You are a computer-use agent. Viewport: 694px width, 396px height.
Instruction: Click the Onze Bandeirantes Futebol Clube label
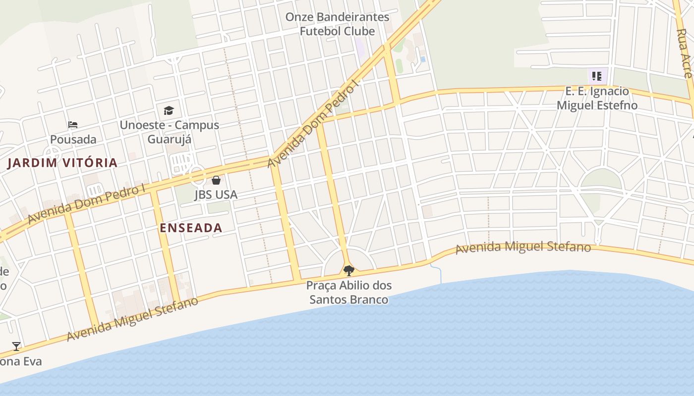point(337,24)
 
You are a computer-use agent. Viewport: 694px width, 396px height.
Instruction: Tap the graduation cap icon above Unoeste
point(169,110)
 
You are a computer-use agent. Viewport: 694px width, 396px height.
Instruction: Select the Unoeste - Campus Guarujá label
point(169,132)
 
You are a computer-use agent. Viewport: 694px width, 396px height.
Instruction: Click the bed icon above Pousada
point(73,124)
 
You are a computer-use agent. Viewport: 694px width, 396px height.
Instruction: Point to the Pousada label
point(73,140)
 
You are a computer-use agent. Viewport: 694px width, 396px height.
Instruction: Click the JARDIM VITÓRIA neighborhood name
point(62,163)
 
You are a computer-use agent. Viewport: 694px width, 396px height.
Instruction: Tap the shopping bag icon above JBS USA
point(216,180)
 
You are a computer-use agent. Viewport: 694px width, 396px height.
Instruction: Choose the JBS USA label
point(216,195)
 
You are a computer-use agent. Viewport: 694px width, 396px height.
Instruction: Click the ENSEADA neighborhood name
point(191,228)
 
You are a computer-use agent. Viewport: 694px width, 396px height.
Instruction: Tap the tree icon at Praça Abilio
point(349,270)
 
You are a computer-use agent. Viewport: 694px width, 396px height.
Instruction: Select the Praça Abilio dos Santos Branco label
point(349,293)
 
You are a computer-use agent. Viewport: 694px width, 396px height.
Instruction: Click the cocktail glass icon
point(16,346)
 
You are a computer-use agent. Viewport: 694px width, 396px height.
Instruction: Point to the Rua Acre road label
point(685,53)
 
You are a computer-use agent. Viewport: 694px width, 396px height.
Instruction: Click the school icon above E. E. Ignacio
point(597,76)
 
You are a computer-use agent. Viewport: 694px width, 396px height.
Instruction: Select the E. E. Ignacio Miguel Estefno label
point(597,98)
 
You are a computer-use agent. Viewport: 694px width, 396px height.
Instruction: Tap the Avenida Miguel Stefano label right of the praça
point(523,247)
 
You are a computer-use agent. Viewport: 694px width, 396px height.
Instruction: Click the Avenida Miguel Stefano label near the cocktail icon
point(132,319)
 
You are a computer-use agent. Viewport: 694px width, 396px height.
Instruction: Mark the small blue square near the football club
point(423,59)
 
